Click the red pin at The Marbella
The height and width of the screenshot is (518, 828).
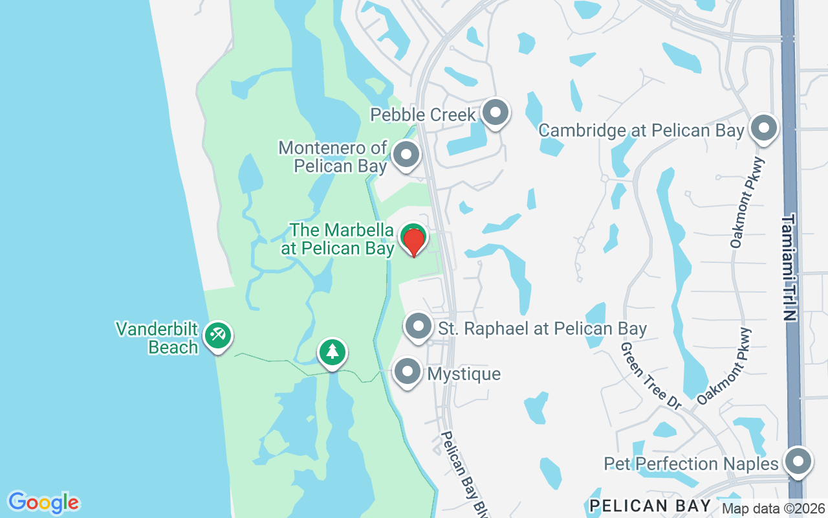413,241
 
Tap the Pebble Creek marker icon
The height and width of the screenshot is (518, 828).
496,113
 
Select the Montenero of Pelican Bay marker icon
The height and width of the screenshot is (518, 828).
406,155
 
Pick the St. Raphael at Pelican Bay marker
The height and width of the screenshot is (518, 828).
419,326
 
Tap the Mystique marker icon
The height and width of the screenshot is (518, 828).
408,372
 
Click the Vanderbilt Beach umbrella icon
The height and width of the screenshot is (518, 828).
217,335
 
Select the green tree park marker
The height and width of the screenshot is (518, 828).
332,352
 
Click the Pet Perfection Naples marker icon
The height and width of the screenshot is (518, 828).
798,462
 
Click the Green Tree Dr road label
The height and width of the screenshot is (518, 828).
651,376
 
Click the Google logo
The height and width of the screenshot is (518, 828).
43,502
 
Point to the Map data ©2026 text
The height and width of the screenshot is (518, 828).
773,509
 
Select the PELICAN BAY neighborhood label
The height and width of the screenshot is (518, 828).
650,506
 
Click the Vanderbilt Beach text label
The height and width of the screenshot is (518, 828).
157,338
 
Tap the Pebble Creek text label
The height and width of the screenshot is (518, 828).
423,115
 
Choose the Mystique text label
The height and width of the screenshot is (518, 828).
464,374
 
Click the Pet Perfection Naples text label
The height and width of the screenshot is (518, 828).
691,464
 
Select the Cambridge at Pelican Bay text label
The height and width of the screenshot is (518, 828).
641,130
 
